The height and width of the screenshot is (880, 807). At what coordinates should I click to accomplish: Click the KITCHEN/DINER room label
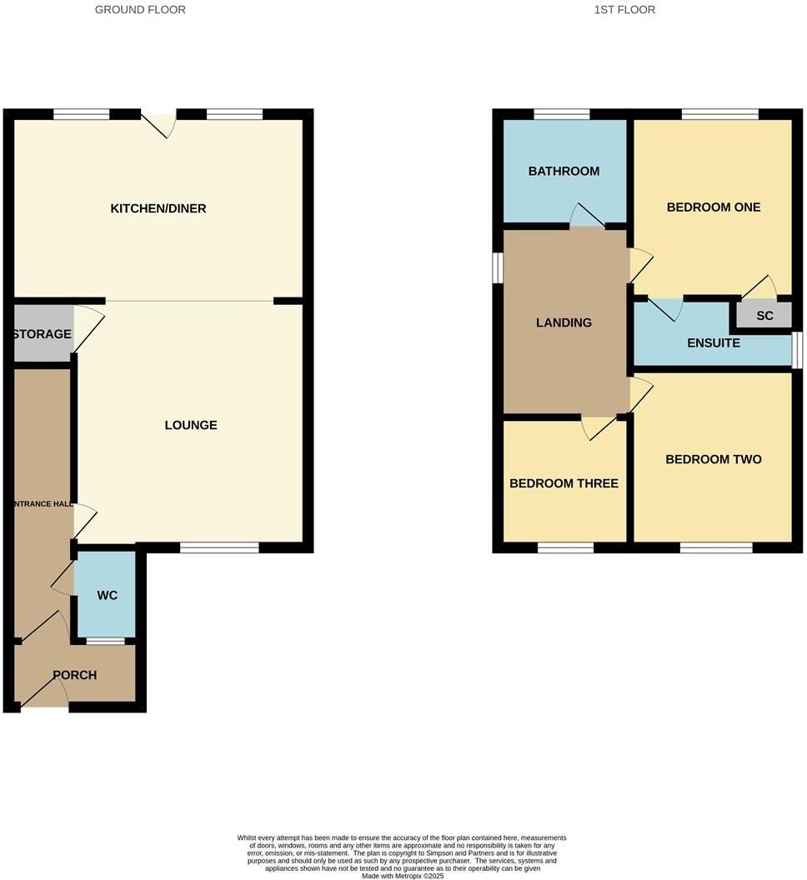[x=158, y=208]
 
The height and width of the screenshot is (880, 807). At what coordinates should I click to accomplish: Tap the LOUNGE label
[x=191, y=425]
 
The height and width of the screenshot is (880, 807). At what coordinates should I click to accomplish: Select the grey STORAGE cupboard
[x=42, y=334]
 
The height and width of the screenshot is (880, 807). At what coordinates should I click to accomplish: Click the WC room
[x=107, y=595]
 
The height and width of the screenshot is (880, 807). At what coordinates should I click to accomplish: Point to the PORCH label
[x=75, y=675]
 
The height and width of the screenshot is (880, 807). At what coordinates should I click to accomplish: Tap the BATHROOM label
[x=564, y=172]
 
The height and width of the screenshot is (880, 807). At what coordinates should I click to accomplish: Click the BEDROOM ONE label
[x=714, y=207]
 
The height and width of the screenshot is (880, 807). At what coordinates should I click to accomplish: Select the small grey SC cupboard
[x=764, y=316]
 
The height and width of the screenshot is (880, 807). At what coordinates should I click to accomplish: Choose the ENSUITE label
[x=714, y=342]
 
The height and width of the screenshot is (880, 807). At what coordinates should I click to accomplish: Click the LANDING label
[x=564, y=322]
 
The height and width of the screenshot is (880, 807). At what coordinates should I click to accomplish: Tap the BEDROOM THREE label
[x=564, y=483]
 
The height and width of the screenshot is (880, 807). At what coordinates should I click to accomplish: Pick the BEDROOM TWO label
[x=714, y=459]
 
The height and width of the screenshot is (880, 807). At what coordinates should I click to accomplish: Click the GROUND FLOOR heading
[x=140, y=10]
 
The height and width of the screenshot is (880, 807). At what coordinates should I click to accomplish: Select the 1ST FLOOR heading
[x=624, y=10]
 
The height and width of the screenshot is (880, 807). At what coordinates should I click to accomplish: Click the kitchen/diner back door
[x=159, y=122]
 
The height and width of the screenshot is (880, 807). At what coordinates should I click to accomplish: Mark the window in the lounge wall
[x=219, y=547]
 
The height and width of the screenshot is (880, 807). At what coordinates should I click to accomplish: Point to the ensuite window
[x=797, y=350]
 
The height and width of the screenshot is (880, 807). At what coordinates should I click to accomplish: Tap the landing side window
[x=498, y=267]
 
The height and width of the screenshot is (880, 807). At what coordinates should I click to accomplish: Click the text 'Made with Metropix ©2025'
[x=403, y=876]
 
